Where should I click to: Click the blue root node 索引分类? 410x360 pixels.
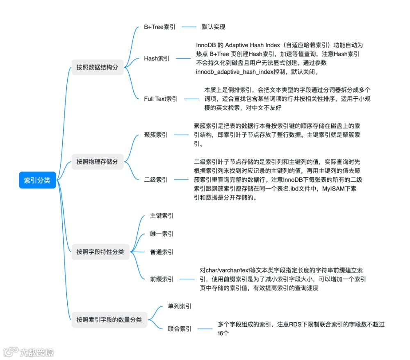37,180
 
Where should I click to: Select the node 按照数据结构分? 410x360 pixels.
97,67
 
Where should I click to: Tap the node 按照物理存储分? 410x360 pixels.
97,162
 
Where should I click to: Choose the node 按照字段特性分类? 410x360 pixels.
100,252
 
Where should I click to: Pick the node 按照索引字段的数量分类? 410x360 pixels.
109,319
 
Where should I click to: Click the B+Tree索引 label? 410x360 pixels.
159,27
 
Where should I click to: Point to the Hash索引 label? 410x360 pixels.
157,59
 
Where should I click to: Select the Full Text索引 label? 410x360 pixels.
161,99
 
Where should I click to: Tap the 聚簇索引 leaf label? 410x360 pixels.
156,135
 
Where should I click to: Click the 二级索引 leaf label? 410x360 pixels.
156,179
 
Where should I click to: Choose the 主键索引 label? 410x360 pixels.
162,216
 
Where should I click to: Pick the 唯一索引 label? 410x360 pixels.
162,234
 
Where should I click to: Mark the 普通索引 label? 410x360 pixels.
162,252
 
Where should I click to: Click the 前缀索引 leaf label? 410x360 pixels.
162,279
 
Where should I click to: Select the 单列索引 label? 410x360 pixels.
180,306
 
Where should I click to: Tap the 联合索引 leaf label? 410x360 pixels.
180,328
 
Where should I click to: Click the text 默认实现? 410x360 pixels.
213,27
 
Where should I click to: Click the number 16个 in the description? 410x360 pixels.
223,333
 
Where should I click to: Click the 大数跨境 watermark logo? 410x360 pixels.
29,352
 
